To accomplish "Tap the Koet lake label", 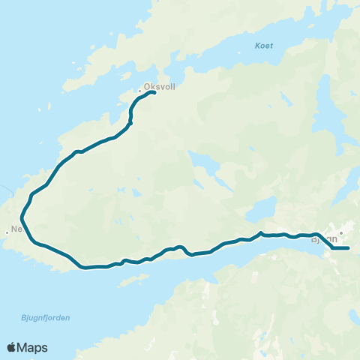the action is [x=263, y=46].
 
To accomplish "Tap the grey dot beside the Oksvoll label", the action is [x=140, y=92].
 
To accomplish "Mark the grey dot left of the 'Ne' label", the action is [x=7, y=232].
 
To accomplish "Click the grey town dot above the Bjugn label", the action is [x=340, y=232].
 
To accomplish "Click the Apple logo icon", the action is [x=12, y=347].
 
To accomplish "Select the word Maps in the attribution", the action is [x=33, y=347].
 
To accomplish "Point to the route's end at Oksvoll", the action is [x=153, y=93].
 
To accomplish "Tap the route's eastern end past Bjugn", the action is [x=348, y=247].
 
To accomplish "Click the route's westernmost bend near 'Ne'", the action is [x=22, y=220].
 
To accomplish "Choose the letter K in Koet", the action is [x=256, y=46].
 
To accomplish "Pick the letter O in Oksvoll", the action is [x=146, y=85].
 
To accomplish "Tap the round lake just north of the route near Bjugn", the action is [x=262, y=208].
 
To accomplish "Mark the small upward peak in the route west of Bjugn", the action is [x=260, y=233].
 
